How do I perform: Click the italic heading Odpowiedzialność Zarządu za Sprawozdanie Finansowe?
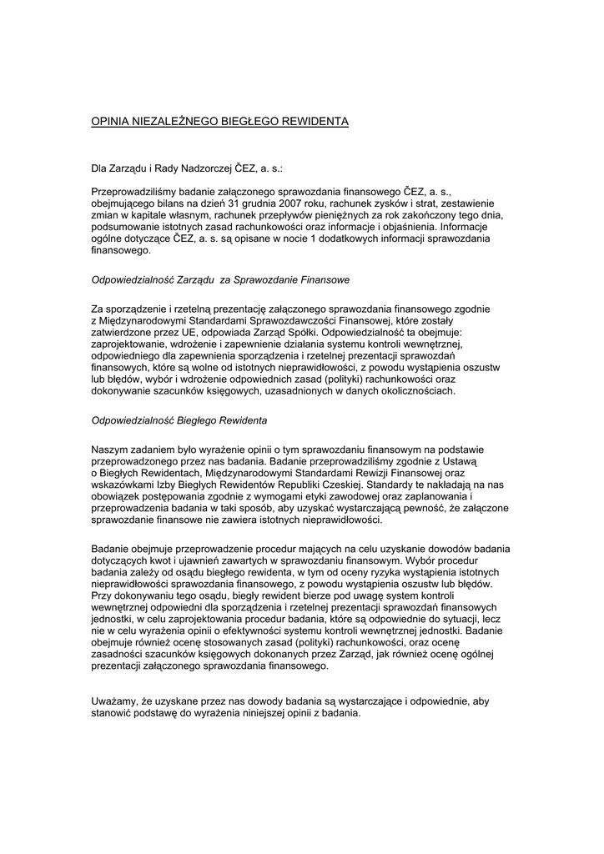[219, 279]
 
